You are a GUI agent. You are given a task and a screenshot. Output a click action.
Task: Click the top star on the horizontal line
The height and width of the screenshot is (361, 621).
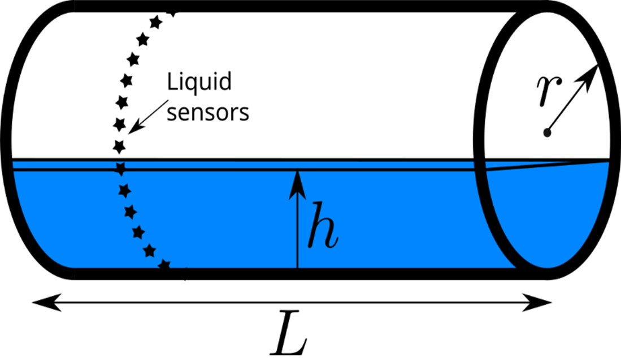[x=120, y=168]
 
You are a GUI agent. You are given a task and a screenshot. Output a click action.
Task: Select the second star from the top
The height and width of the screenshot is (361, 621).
[x=124, y=190]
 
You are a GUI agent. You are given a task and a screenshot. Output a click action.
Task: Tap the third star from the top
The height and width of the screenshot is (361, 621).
[x=130, y=212]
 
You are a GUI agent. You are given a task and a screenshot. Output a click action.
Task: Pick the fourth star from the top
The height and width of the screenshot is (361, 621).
[x=138, y=231]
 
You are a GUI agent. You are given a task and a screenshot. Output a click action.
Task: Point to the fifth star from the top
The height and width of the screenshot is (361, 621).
[x=149, y=250]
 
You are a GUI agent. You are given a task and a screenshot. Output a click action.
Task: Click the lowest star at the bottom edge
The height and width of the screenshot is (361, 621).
[x=164, y=264]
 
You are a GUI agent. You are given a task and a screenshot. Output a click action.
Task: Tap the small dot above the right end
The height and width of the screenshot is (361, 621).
[x=546, y=133]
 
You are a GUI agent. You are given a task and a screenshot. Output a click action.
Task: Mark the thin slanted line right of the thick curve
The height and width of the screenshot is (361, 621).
[x=537, y=166]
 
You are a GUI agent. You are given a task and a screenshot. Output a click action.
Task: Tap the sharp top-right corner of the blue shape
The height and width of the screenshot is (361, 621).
[x=607, y=163]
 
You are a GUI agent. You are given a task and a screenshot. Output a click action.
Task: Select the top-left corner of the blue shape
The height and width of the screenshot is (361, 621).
[x=14, y=163]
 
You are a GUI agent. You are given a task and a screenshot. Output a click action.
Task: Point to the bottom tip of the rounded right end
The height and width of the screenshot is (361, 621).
[x=546, y=267]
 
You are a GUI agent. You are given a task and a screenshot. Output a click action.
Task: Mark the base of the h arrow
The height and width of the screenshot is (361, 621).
[x=297, y=266]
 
